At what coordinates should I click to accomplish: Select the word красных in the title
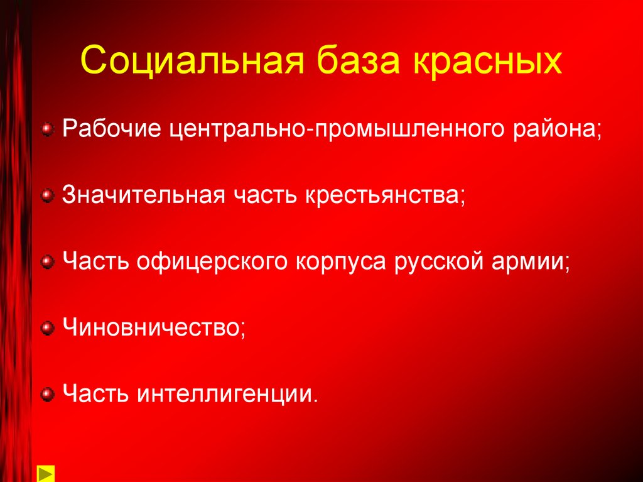point(492,61)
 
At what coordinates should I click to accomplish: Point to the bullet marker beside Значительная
point(46,197)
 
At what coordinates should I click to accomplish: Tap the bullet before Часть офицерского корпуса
point(46,263)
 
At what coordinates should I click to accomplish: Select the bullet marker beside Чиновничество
point(46,328)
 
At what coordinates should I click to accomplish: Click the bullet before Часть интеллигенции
point(46,394)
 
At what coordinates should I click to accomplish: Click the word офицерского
point(210,263)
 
